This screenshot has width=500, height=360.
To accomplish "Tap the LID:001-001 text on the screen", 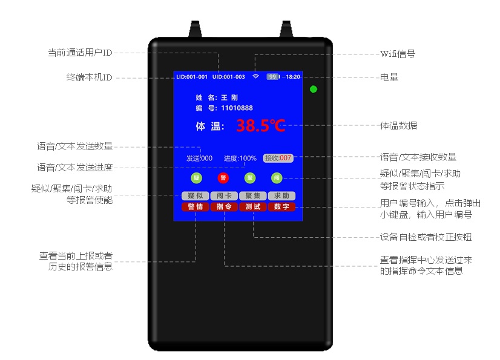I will tap(191, 77).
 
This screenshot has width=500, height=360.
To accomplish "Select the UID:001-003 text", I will tap(229, 77).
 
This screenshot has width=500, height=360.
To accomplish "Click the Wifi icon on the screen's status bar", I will tap(255, 77).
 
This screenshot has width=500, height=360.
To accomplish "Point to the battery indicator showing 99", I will tap(273, 77).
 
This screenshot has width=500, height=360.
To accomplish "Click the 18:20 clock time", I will tap(293, 77).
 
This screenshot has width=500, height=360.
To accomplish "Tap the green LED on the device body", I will tap(313, 90).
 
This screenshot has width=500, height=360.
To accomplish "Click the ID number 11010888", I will tap(237, 108).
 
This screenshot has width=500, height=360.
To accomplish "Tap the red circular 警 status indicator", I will tap(223, 178).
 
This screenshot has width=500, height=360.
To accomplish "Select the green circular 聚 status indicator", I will tap(249, 178).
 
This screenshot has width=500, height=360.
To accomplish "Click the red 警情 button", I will tap(195, 206).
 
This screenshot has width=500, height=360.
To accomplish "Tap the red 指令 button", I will tap(224, 206).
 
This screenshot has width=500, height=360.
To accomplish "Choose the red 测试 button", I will tap(253, 206).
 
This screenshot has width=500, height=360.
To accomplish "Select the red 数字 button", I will tap(282, 206).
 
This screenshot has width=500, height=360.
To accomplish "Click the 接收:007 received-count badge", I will tap(278, 158).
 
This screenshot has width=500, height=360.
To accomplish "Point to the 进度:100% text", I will tap(240, 158).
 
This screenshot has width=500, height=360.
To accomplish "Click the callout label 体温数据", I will tap(398, 126).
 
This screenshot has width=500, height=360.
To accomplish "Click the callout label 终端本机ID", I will tap(89, 77).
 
